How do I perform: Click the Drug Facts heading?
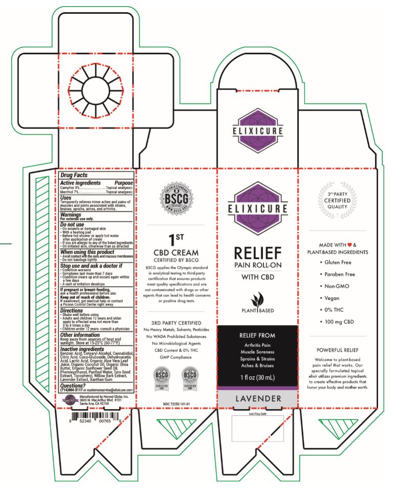(74, 175)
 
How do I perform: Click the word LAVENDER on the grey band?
(257, 398)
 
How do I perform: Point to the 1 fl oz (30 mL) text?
(257, 378)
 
